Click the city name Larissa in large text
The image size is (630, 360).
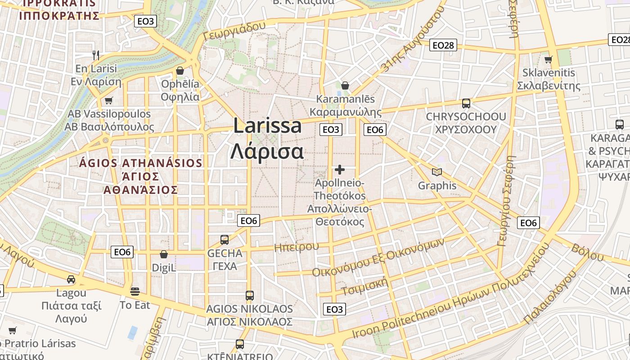point(267,126)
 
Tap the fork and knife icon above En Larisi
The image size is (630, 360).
point(95,55)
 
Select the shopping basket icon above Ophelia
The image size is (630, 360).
point(180,71)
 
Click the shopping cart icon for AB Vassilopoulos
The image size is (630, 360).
point(108,100)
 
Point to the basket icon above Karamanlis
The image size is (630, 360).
point(345,85)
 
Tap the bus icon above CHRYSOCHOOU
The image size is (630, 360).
point(466,103)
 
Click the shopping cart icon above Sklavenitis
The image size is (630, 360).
point(548,59)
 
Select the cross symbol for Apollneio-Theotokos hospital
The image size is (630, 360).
point(340,170)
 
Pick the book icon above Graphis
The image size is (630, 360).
point(436,172)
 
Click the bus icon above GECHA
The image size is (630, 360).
point(225,240)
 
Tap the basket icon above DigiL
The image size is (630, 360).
point(164,255)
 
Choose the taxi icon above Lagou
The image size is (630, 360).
point(71,279)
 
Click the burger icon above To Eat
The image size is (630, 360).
point(135,292)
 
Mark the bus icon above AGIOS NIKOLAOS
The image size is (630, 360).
point(250,296)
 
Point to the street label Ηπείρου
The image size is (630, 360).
point(296,247)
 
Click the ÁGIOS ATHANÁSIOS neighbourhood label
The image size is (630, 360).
point(140,163)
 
